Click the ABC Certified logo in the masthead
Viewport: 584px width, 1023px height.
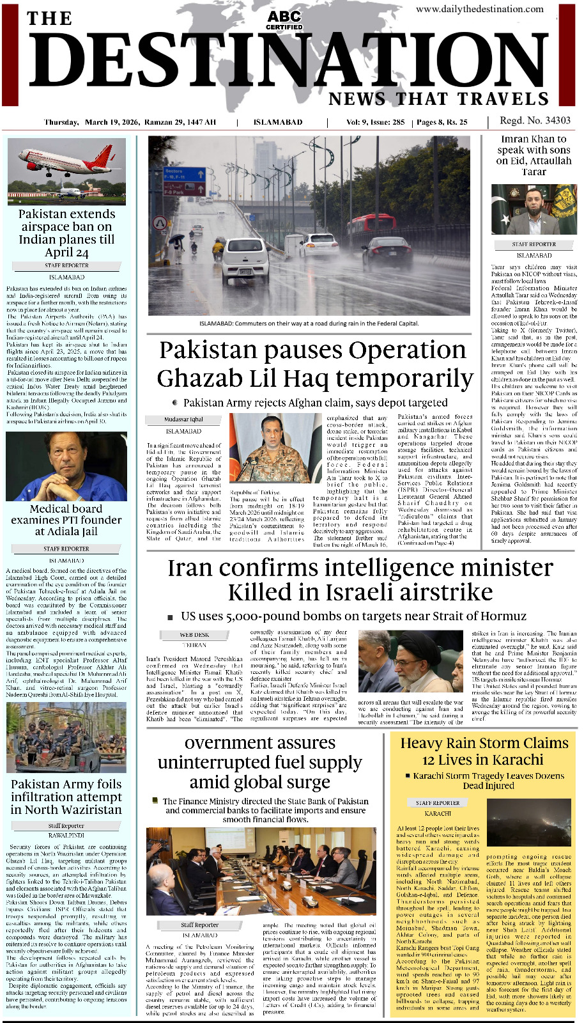click(x=284, y=20)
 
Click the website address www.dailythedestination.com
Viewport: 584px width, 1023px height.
click(x=479, y=9)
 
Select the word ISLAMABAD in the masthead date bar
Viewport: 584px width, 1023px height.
click(x=278, y=122)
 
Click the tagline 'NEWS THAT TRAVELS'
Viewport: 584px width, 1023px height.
click(x=438, y=99)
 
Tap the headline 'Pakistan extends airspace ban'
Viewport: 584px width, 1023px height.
click(x=66, y=233)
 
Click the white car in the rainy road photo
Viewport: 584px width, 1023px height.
click(x=245, y=260)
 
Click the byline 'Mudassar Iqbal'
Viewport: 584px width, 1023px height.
click(x=183, y=419)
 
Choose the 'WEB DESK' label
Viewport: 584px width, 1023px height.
click(x=194, y=635)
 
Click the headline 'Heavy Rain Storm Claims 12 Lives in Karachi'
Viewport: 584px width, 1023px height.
click(x=484, y=751)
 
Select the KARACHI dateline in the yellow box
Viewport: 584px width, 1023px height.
click(x=438, y=814)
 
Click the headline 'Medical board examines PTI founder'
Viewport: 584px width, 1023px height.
click(x=66, y=520)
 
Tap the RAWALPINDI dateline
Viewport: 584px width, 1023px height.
click(x=66, y=835)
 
